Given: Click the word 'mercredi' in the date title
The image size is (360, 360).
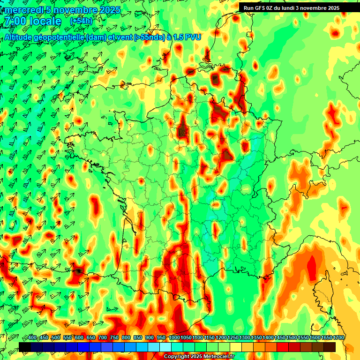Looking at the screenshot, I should (22, 10).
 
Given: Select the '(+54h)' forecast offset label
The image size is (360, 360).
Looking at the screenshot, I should (81, 21).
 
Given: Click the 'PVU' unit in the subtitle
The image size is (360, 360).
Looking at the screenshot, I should (193, 37).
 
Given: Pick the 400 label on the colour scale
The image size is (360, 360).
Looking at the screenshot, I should (32, 338).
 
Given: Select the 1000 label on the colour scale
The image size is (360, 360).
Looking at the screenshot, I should (174, 338).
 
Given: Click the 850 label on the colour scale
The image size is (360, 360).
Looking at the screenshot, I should (138, 338).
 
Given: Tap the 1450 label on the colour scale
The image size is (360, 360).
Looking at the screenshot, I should (280, 338).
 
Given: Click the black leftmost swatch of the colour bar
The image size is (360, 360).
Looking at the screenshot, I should (25, 347).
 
